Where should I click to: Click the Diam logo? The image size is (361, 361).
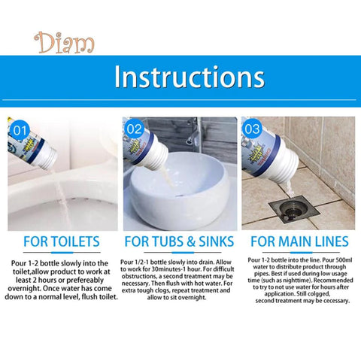pyautogui.click(x=64, y=43)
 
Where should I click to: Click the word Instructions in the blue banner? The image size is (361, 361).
pyautogui.click(x=190, y=77)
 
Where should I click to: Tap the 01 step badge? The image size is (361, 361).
pyautogui.click(x=20, y=131)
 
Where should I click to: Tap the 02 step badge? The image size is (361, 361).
pyautogui.click(x=134, y=129)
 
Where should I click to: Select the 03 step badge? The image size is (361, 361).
pyautogui.click(x=252, y=129)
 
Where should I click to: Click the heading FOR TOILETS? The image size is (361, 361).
pyautogui.click(x=62, y=241)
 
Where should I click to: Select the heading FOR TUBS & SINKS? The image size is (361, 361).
pyautogui.click(x=179, y=241)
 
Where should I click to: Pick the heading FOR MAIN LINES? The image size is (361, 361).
pyautogui.click(x=299, y=241)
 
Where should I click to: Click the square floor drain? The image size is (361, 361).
pyautogui.click(x=294, y=211)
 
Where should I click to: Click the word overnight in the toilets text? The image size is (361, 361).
pyautogui.click(x=24, y=289)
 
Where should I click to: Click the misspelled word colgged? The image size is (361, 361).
pyautogui.click(x=320, y=294)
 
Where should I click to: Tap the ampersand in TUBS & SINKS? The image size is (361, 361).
pyautogui.click(x=191, y=241)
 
